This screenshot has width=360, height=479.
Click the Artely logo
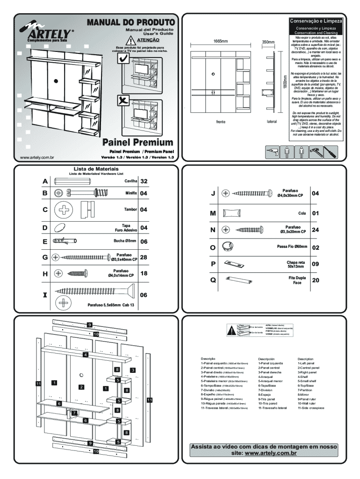tap(47, 34)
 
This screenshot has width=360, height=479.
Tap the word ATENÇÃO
tap(144, 41)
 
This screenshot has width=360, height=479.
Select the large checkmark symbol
tap(123, 58)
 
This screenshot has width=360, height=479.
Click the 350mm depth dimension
tap(268, 42)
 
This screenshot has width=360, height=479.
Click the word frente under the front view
tap(221, 122)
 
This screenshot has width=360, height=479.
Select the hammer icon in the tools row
tap(316, 152)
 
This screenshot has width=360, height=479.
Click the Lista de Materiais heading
tap(96, 169)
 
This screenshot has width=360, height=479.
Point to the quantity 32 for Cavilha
tap(144, 181)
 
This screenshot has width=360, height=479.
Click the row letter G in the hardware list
tap(45, 257)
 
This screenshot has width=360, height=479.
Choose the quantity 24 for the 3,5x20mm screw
tap(315, 230)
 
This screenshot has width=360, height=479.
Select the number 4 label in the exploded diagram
tap(85, 355)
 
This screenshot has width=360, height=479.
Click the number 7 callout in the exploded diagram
tap(74, 413)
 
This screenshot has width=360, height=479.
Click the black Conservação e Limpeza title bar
tap(316, 21)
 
